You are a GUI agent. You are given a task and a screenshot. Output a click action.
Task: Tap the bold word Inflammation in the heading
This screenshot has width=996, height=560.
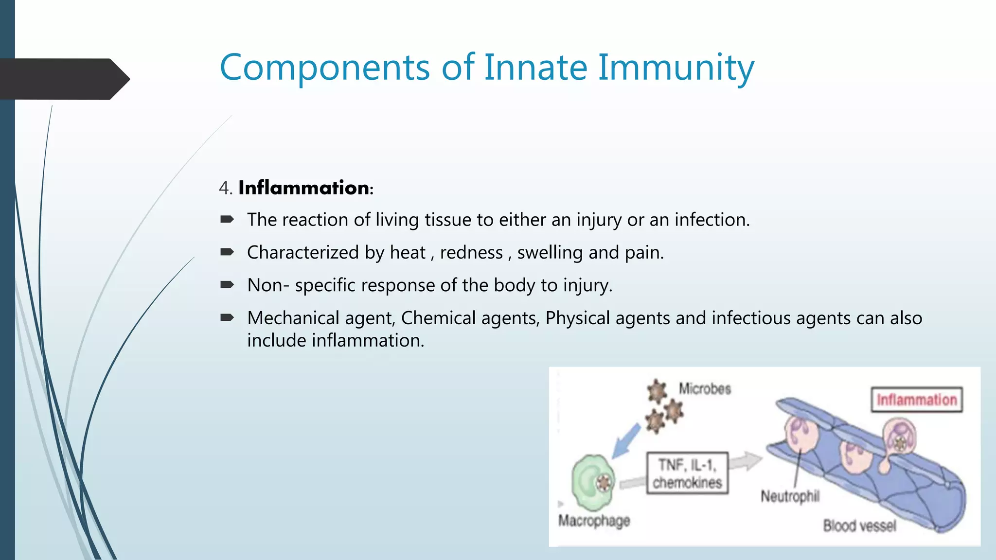[304, 188]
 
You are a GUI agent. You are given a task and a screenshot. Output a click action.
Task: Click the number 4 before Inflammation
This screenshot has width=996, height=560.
[224, 188]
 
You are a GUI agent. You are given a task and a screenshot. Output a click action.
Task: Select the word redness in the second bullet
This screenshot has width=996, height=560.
[471, 253]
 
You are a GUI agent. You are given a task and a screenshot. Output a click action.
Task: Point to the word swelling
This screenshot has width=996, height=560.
[550, 253]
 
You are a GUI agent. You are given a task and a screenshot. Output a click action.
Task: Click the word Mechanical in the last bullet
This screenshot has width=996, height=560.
[293, 318]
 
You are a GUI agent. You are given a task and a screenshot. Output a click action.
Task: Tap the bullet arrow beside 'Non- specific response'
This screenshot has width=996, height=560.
[227, 285]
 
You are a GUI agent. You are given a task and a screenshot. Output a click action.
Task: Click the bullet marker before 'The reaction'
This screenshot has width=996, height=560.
[227, 220]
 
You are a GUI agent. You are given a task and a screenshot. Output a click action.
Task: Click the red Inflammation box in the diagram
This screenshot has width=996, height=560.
[916, 400]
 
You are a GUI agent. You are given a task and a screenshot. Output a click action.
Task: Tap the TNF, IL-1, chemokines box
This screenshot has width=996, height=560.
[687, 473]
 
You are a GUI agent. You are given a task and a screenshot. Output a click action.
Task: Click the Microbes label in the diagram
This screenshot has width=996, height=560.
[705, 389]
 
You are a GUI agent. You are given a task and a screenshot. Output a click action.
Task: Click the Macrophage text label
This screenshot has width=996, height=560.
[594, 521]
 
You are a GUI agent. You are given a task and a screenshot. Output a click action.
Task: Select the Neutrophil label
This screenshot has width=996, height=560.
[790, 496]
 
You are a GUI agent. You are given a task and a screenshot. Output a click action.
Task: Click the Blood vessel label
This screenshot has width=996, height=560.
[859, 526]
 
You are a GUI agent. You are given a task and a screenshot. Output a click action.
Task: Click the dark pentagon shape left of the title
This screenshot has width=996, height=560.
[63, 79]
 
